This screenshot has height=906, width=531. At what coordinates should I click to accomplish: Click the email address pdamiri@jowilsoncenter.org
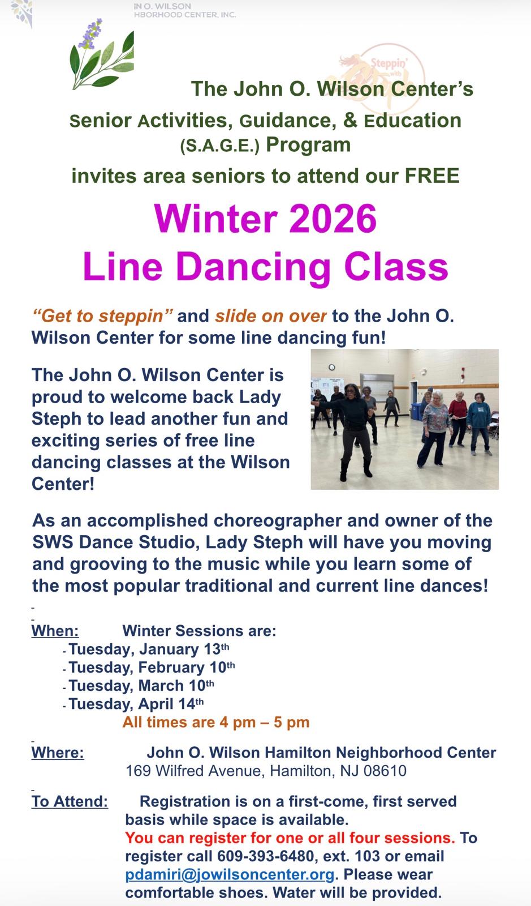(230, 874)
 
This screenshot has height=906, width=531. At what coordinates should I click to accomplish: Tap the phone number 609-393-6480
(266, 856)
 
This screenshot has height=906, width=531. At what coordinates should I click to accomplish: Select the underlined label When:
(55, 631)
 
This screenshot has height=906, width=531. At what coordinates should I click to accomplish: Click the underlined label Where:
(58, 753)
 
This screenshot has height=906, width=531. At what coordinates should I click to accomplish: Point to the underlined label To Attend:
(70, 801)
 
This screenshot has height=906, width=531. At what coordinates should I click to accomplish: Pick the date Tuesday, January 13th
(149, 649)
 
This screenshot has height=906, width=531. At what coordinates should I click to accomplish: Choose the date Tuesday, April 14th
(136, 704)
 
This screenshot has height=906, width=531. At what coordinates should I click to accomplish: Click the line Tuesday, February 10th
(152, 668)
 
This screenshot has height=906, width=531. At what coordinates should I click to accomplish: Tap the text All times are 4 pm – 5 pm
(216, 722)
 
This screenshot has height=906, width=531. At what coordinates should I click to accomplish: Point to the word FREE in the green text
(432, 176)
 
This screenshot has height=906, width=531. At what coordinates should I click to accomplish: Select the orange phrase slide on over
(270, 317)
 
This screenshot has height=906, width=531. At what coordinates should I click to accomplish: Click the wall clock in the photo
(331, 367)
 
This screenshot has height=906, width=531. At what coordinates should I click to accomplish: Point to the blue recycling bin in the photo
(416, 411)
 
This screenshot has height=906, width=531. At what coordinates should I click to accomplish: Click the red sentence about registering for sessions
(290, 837)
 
